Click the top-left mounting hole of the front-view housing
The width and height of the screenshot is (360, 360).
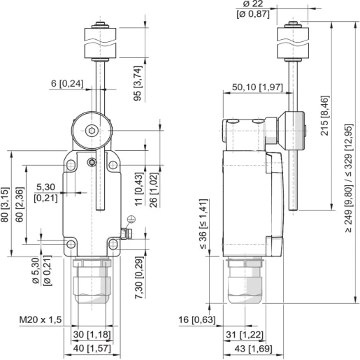[70, 165]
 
